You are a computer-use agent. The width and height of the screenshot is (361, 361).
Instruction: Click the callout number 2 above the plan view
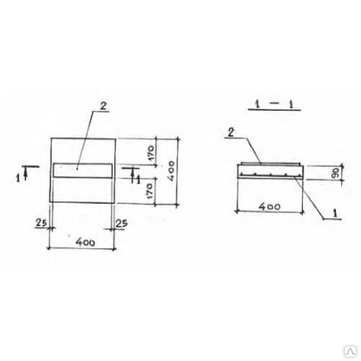click(x=103, y=106)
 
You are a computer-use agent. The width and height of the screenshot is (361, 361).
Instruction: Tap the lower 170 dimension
click(x=150, y=191)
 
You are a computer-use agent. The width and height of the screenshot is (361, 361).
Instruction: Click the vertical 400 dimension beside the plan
click(x=171, y=171)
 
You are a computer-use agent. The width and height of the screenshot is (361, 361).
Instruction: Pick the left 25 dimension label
click(x=40, y=222)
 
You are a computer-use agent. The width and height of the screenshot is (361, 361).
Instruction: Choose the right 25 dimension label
click(x=122, y=222)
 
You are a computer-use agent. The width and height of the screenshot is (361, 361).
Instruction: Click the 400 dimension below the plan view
click(x=85, y=242)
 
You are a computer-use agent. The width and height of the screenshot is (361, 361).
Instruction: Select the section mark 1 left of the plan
click(x=19, y=178)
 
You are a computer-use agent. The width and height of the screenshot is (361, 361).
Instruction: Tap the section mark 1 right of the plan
click(x=138, y=180)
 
